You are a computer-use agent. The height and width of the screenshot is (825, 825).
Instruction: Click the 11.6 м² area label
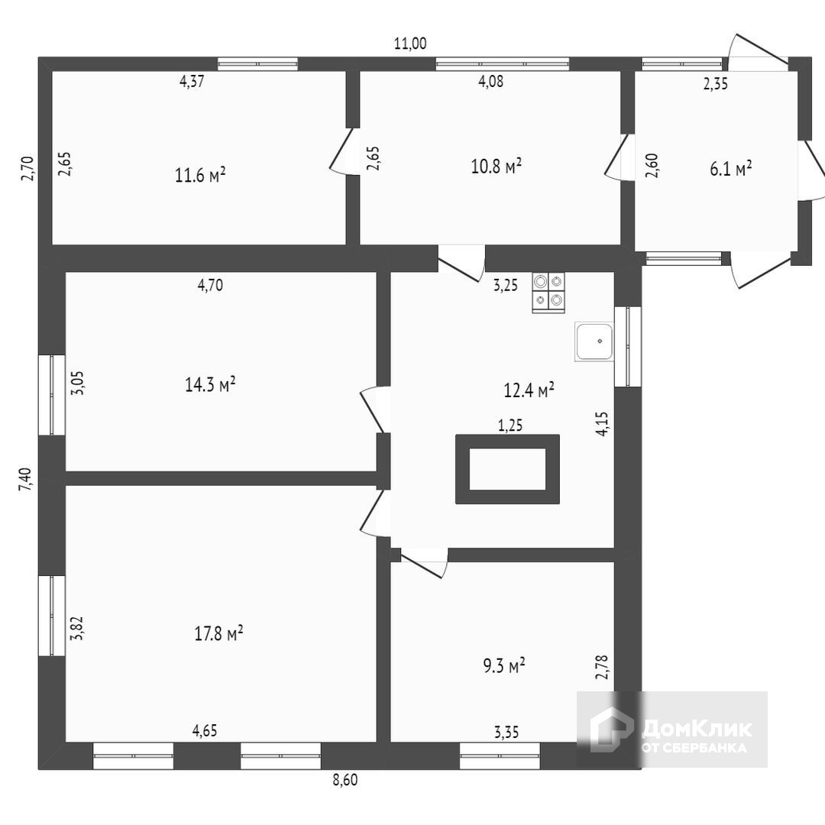(200, 175)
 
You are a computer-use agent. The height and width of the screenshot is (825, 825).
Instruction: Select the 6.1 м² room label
(730, 169)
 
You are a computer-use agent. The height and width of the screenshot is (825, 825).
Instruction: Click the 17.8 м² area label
(218, 633)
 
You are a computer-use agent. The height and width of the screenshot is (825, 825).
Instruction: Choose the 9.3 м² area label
(503, 666)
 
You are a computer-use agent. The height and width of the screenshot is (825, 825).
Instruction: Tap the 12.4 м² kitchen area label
(529, 390)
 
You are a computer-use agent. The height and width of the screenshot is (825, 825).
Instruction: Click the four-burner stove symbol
(548, 293)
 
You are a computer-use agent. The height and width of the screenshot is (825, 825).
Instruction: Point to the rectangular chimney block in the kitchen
(507, 469)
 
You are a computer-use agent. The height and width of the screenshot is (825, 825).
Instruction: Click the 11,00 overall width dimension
(409, 44)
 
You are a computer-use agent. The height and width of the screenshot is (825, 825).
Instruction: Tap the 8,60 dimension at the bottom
(345, 780)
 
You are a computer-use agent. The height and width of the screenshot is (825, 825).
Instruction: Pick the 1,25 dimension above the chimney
(510, 426)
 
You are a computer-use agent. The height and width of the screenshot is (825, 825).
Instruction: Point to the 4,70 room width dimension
(210, 286)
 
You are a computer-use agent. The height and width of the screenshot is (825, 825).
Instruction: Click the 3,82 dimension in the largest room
(76, 627)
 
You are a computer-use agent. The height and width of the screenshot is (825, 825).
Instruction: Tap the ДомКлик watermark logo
(672, 730)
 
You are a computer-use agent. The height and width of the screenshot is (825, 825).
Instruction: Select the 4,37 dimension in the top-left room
(191, 82)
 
